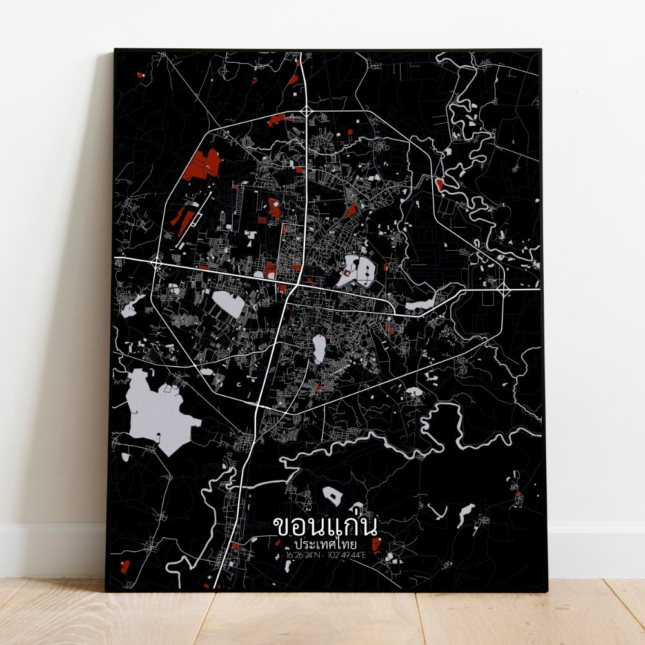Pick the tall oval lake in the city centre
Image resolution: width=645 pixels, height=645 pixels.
coord(319,348)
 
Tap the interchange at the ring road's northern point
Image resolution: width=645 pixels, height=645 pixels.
coord(306,114)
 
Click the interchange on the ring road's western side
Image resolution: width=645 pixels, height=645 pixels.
coord(157,260)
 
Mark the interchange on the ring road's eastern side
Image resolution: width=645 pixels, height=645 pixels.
coord(504,290)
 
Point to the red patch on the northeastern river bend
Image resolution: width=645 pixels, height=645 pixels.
coord(439,185)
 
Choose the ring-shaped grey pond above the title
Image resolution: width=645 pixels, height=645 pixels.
coord(332,496)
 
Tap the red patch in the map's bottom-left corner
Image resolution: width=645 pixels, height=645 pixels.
coord(124,566)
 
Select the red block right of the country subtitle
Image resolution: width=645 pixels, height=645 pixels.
coord(376,545)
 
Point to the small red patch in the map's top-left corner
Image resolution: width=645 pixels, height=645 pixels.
coord(140,75)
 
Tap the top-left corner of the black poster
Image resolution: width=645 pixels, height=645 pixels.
coord(115,50)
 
